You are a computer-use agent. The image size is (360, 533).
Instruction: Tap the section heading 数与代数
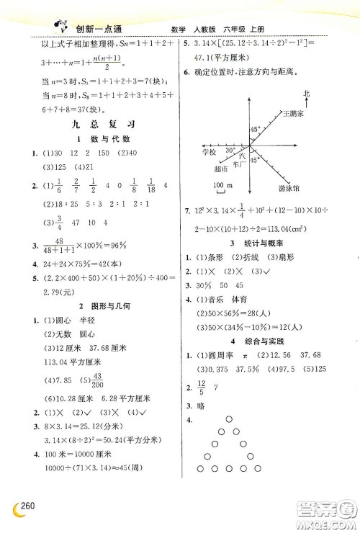click(x=91, y=138)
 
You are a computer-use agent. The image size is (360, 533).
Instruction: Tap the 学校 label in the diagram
click(x=209, y=153)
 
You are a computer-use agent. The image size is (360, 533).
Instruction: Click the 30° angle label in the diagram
click(x=230, y=150)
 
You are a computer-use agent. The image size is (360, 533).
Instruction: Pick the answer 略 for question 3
click(x=199, y=406)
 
